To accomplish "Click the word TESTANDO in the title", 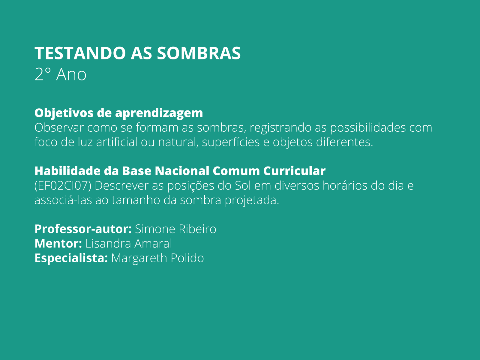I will pyautogui.click(x=80, y=53).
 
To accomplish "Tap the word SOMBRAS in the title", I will pyautogui.click(x=199, y=53).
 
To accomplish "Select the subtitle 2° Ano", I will pyautogui.click(x=60, y=74).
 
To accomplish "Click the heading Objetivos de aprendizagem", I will pyautogui.click(x=118, y=113).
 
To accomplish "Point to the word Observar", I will pyautogui.click(x=59, y=127).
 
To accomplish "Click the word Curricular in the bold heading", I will pyautogui.click(x=294, y=171).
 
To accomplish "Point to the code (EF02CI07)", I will pyautogui.click(x=63, y=185).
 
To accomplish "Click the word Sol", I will pyautogui.click(x=243, y=185).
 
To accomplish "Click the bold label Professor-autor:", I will pyautogui.click(x=83, y=229).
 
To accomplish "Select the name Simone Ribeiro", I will pyautogui.click(x=175, y=229).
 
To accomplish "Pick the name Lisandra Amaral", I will pyautogui.click(x=129, y=243).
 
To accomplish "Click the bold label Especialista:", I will pyautogui.click(x=71, y=258).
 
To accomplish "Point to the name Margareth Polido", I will pyautogui.click(x=157, y=258).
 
